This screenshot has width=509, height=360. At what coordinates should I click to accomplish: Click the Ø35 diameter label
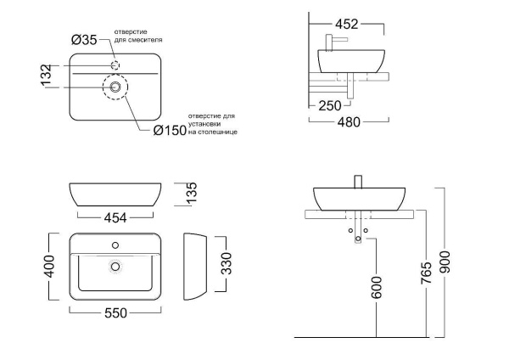coord(84,39)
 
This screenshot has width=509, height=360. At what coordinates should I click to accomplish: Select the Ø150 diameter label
coord(171,130)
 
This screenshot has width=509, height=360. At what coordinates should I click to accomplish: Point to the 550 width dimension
coord(115,313)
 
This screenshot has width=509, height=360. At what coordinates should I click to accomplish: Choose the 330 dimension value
coord(225,264)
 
